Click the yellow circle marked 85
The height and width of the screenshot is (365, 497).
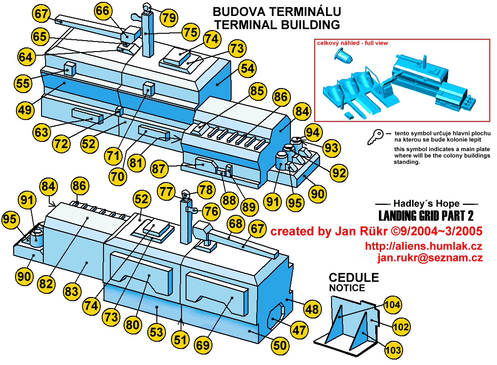tap(257, 91)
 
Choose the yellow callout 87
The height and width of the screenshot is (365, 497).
tap(159, 169)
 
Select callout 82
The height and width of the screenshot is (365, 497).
tap(46, 283)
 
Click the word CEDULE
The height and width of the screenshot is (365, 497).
tap(354, 278)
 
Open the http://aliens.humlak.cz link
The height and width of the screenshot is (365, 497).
tap(424, 247)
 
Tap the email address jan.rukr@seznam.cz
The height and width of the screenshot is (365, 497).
tap(430, 258)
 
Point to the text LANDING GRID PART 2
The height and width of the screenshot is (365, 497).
tap(428, 215)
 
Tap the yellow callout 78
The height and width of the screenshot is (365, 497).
tap(205, 190)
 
